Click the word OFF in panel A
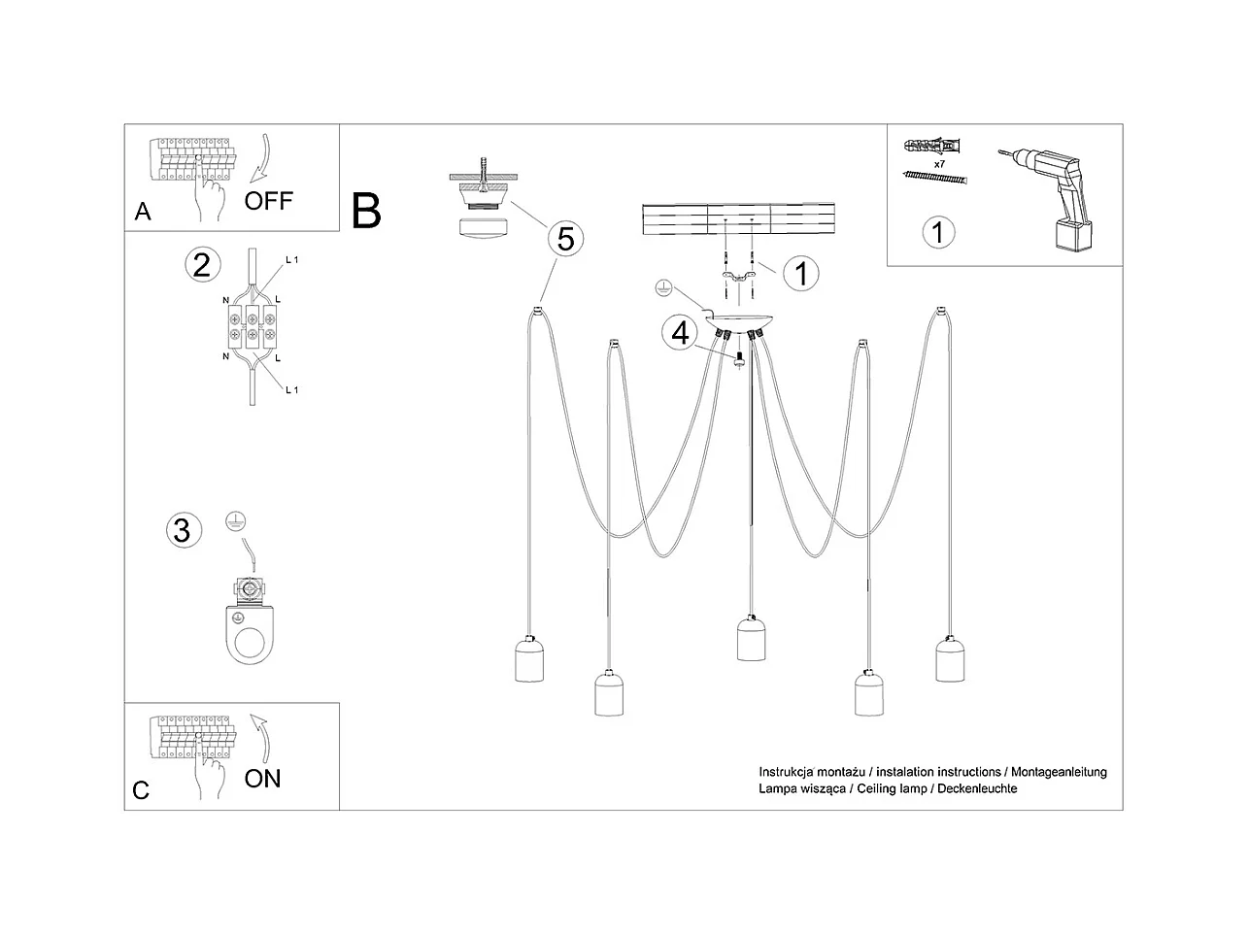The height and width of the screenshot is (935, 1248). [x=268, y=201]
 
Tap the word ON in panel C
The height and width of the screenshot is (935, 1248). [x=262, y=778]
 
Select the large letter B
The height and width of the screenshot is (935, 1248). [x=366, y=211]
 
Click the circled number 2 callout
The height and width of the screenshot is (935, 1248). [x=201, y=264]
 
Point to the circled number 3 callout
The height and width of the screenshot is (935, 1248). [x=182, y=530]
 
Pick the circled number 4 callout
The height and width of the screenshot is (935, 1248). [x=680, y=333]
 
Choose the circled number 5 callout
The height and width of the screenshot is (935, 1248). [x=566, y=238]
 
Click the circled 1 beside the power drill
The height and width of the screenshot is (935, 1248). [x=937, y=232]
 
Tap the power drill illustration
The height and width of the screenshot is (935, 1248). [x=1053, y=199]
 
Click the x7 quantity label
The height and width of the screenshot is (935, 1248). [x=939, y=165]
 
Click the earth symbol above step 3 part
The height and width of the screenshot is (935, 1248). [x=232, y=520]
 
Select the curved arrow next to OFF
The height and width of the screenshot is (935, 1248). [x=260, y=159]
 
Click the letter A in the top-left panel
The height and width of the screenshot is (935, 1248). [x=143, y=212]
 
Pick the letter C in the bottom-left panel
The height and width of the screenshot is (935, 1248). [x=142, y=790]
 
